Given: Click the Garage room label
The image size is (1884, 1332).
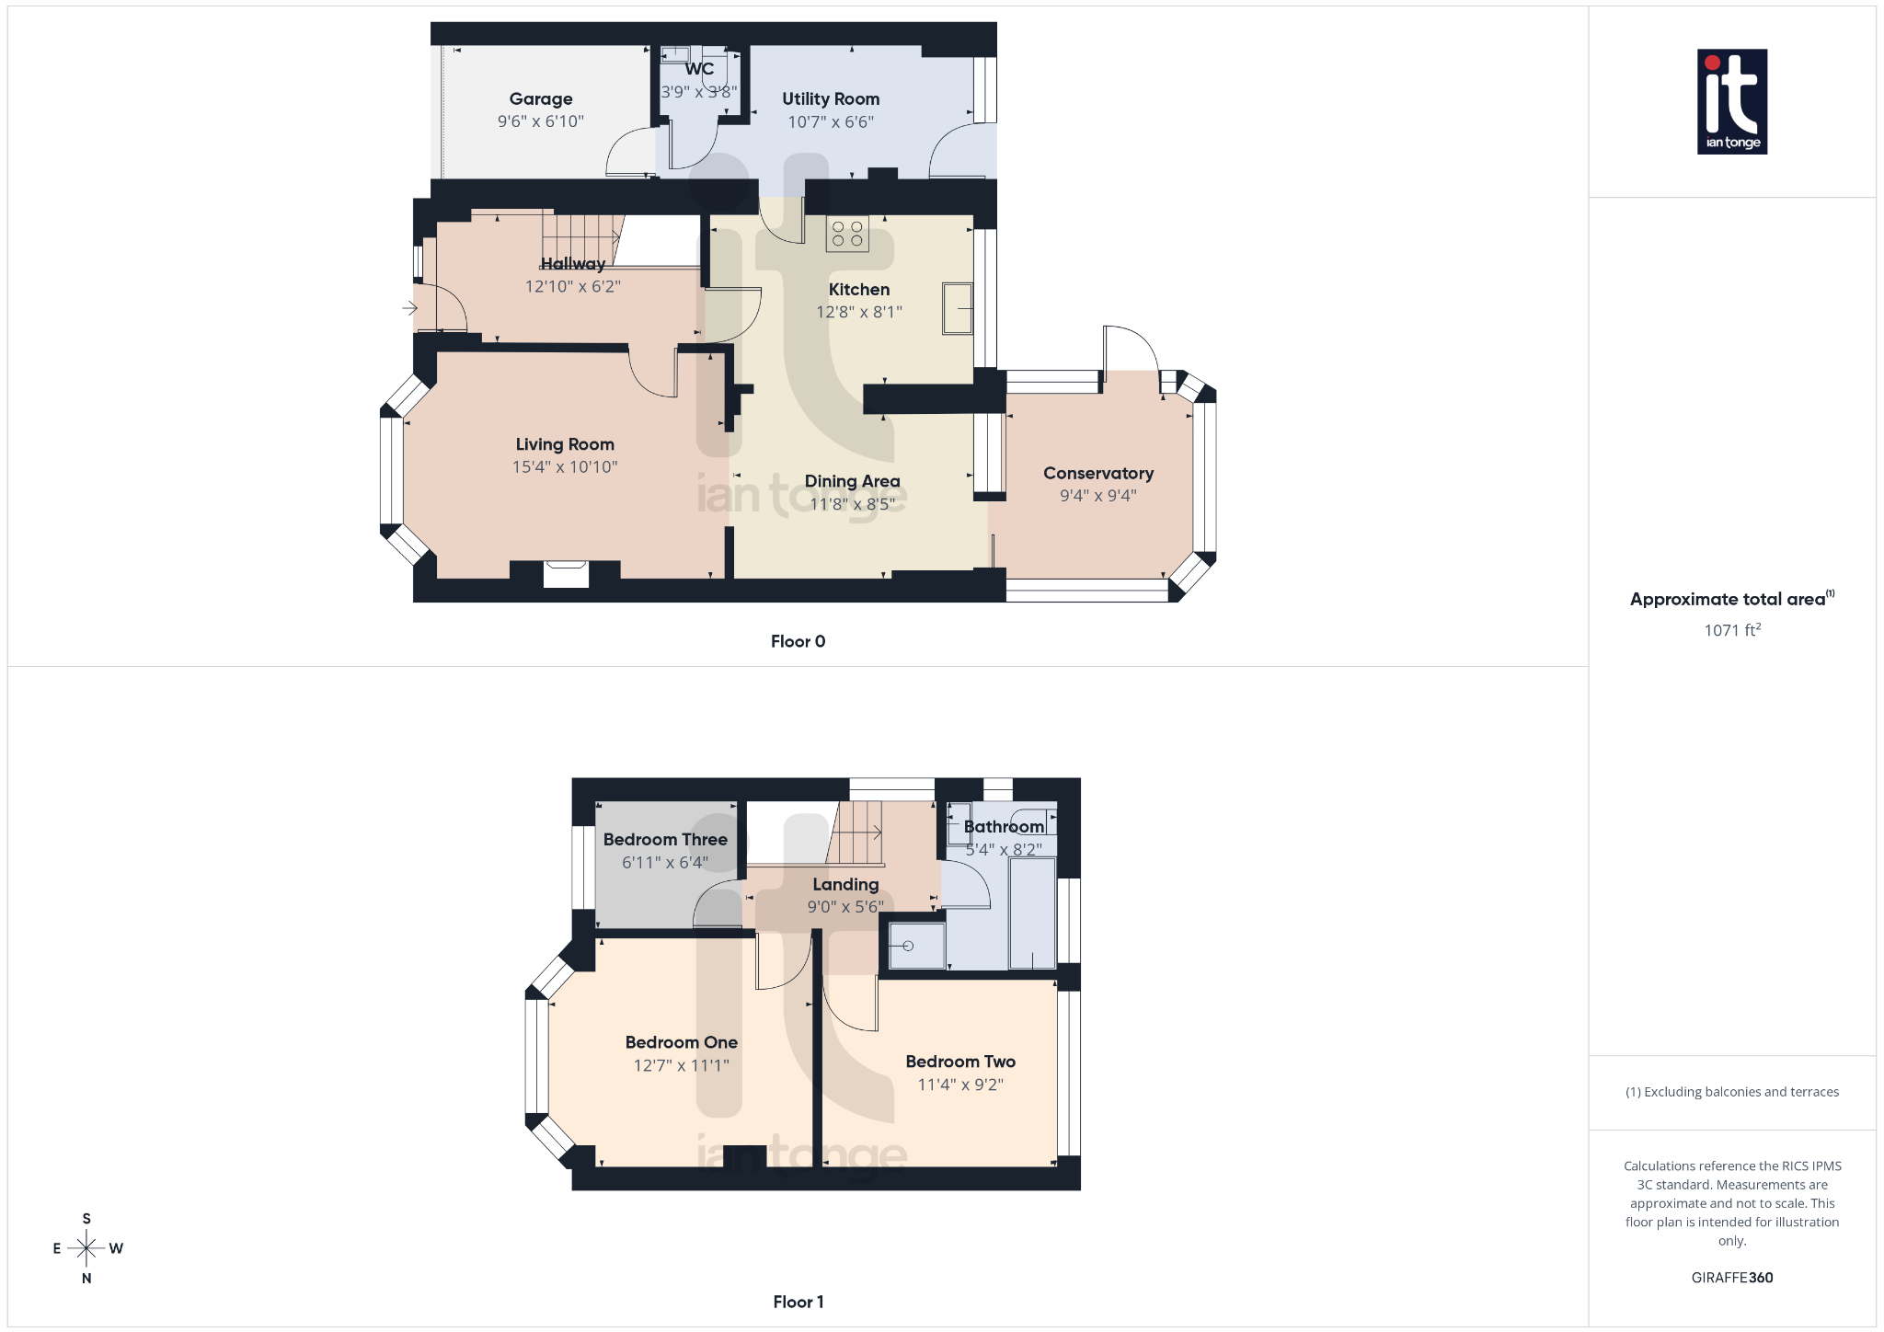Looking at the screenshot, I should (541, 99).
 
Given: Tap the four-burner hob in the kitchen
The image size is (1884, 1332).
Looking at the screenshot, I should (846, 234).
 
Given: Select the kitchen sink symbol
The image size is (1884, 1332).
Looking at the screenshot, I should (957, 308).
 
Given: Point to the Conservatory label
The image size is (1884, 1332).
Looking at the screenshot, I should (1097, 474).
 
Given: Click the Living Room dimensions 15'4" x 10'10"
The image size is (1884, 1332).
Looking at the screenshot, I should (565, 467).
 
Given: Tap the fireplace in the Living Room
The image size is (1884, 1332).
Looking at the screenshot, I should (566, 574).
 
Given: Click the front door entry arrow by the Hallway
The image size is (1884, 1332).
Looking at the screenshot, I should (410, 308).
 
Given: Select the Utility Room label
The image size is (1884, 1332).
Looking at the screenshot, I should (831, 99).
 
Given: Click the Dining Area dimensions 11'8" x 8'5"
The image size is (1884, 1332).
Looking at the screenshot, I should (852, 504).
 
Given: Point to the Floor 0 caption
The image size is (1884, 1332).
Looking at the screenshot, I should (798, 641).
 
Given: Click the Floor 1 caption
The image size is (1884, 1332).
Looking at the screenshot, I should (798, 1302).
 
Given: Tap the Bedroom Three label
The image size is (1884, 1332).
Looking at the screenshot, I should (665, 840).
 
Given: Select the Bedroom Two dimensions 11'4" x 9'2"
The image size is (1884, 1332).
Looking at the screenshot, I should (960, 1085).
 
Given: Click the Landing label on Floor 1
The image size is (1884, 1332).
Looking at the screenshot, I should (845, 885).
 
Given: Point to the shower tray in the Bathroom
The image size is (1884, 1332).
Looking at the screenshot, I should (916, 946).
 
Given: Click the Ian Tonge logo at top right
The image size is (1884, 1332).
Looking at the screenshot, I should (1731, 101).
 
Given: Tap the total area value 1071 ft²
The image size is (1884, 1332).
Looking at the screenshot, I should (1731, 630).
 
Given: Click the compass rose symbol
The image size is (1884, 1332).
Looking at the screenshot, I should (86, 1248).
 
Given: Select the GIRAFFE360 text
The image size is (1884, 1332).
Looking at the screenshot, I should (1731, 1278).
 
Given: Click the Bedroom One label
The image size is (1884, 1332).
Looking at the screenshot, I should (681, 1043).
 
